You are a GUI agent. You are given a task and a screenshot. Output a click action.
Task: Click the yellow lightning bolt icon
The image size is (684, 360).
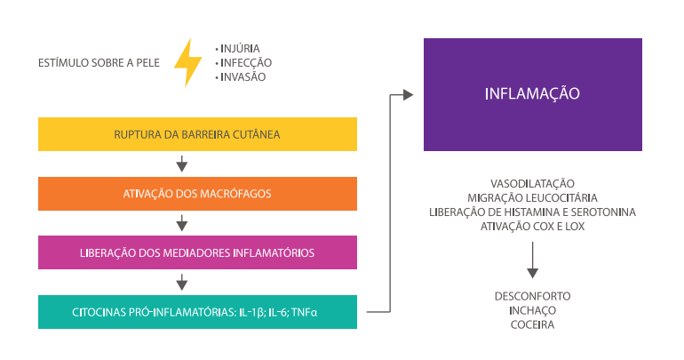[187, 62]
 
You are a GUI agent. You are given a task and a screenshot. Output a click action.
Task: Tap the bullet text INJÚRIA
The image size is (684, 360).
[240, 48]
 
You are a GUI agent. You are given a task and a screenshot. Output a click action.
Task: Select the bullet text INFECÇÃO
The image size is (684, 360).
[246, 62]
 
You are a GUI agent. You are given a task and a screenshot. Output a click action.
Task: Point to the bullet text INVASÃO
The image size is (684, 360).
[243, 77]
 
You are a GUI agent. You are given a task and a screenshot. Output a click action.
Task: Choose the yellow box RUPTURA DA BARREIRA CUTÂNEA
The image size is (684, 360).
[197, 134]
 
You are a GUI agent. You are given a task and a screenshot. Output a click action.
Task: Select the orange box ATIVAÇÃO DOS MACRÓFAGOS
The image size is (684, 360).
[197, 194]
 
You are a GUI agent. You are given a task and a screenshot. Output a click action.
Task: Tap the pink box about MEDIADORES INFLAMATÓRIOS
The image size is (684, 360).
[197, 252]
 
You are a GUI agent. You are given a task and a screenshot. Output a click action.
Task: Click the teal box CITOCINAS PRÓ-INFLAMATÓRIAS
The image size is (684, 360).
[197, 312]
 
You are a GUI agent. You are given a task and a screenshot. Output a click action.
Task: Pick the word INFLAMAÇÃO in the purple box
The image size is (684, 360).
[532, 93]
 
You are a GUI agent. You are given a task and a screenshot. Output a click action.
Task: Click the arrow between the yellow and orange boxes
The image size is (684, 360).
[181, 164]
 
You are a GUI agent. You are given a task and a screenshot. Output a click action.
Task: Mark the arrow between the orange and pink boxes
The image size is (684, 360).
[181, 223]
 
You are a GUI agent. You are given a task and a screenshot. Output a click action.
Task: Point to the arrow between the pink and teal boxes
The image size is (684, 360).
[181, 283]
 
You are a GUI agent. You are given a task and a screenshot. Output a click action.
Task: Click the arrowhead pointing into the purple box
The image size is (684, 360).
[408, 94]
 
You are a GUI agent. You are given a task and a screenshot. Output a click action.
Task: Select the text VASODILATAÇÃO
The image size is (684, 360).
[532, 182]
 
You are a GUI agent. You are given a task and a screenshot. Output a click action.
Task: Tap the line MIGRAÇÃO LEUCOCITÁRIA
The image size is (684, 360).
[532, 196]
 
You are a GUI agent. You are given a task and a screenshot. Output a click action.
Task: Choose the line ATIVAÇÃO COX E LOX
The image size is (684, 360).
[532, 227]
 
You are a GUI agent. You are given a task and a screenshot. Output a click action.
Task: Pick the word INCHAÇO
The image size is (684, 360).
[532, 310]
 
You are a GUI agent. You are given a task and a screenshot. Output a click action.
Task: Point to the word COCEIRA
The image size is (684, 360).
[532, 325]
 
